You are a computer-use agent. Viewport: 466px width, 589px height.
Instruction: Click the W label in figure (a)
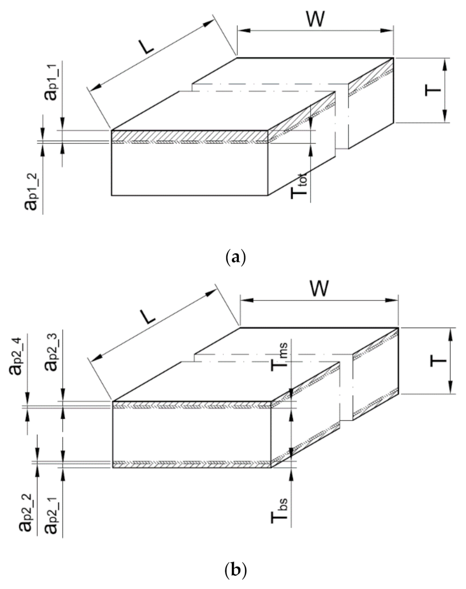click(315, 19)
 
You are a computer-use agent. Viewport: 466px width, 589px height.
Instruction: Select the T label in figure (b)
click(438, 361)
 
